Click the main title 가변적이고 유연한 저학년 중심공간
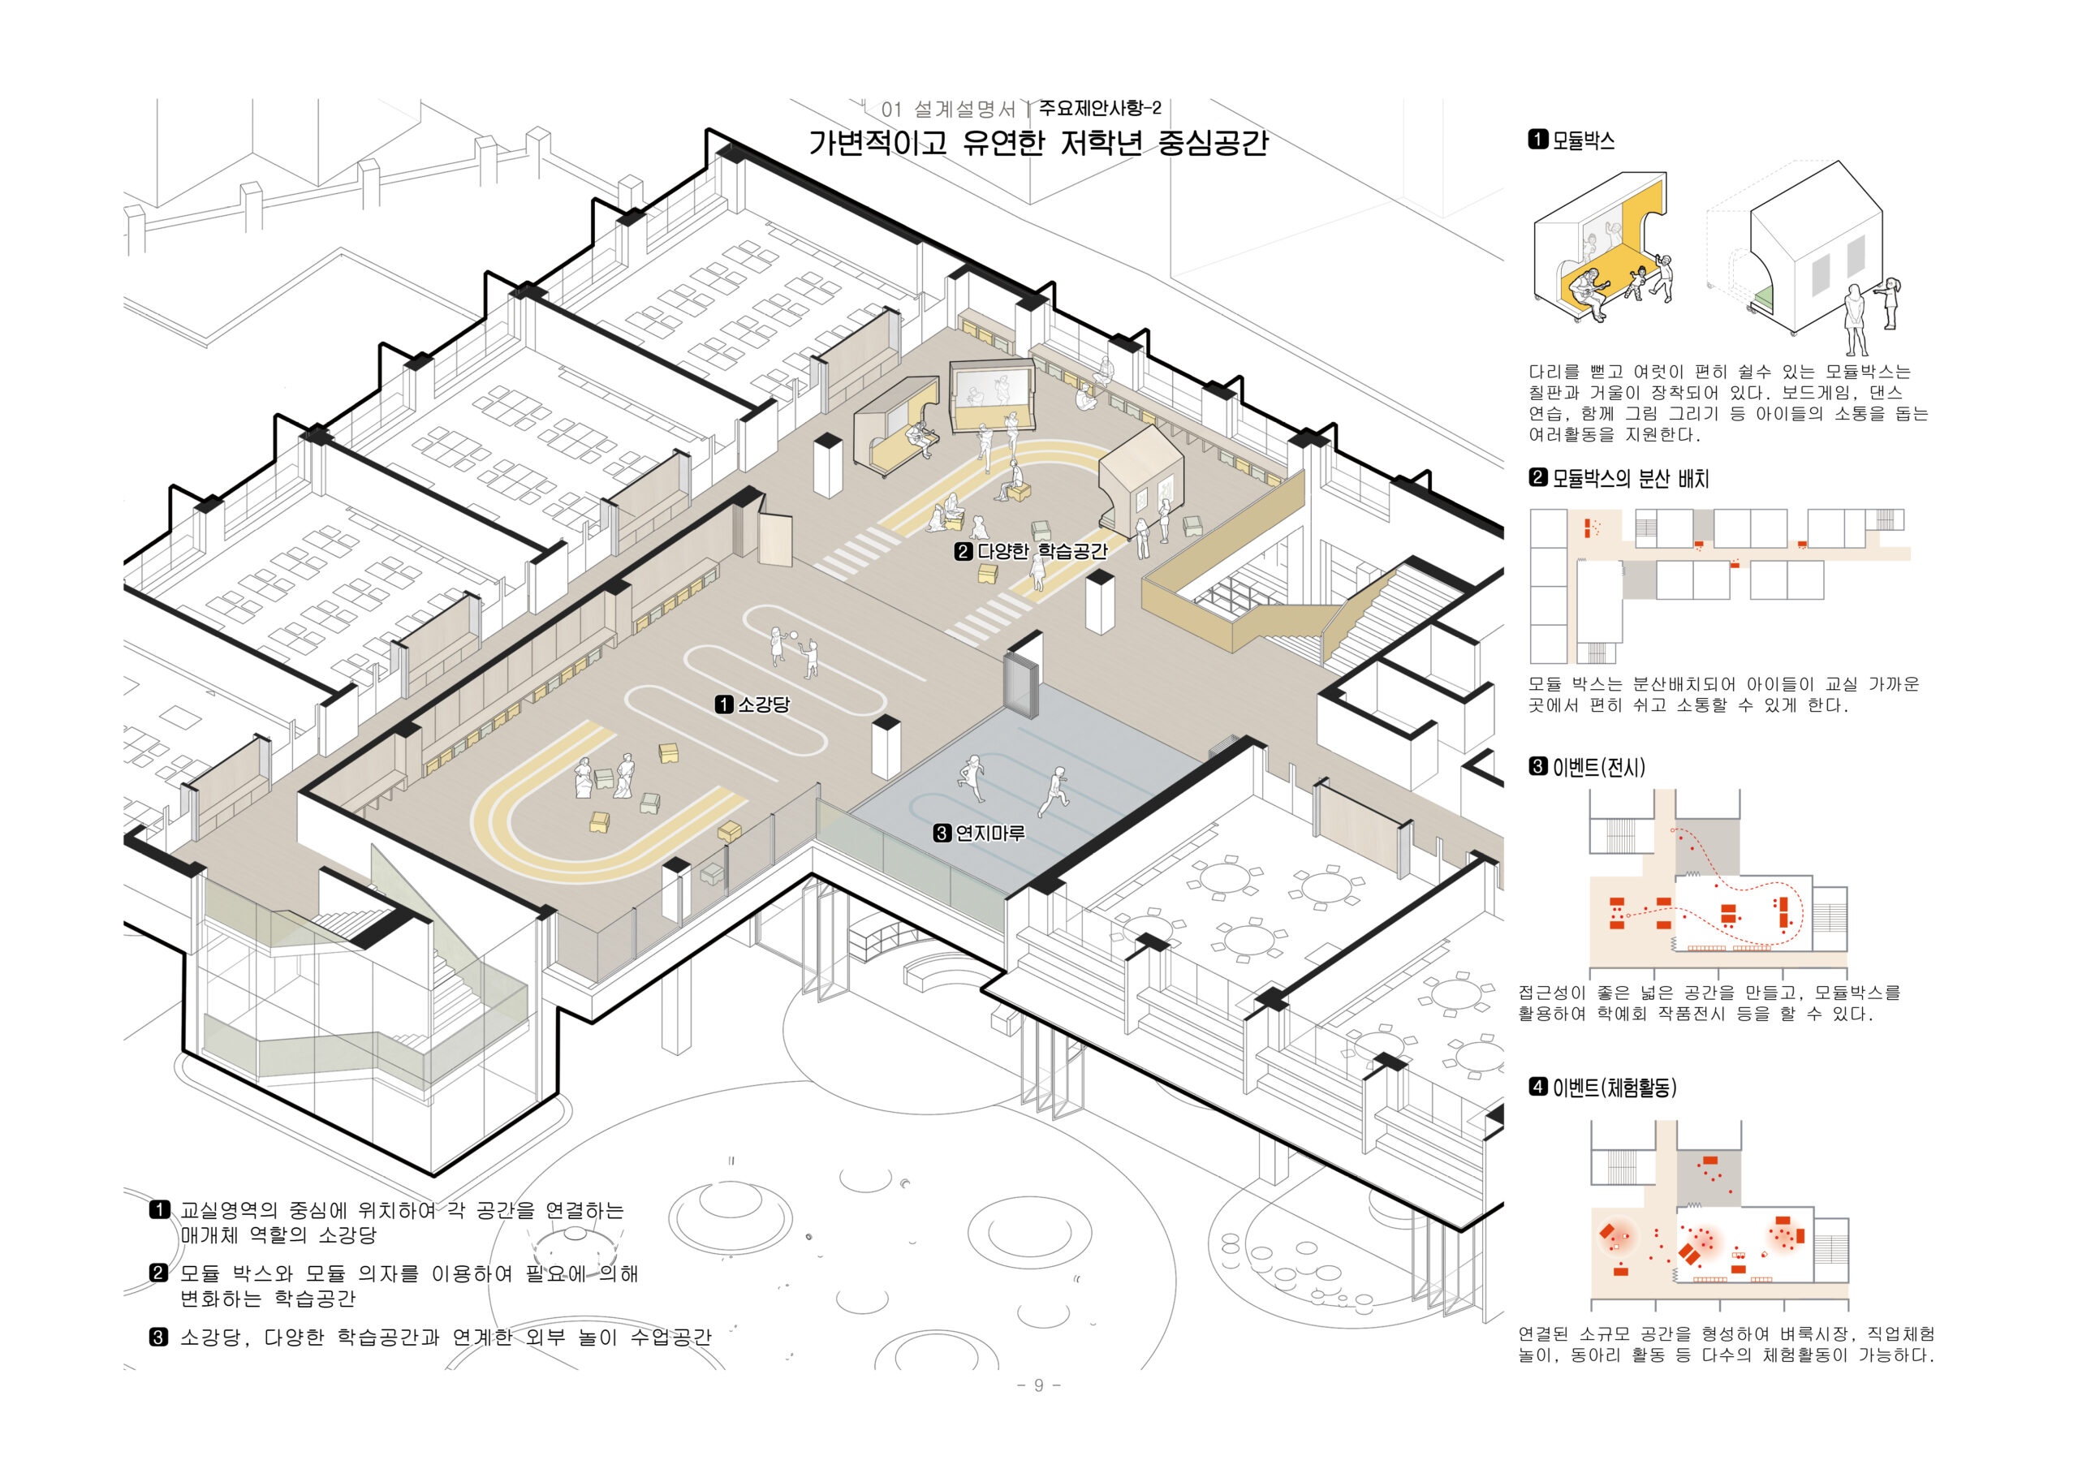pos(1038,143)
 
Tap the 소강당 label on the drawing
pos(763,704)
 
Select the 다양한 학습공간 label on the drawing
pos(1041,550)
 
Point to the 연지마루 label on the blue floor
pos(990,833)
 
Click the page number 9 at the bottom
pos(1038,1385)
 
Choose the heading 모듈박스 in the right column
pos(1583,140)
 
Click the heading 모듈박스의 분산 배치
pos(1630,478)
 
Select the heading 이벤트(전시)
pos(1598,768)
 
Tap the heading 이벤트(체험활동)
pos(1614,1087)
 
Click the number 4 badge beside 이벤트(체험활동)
pos(1537,1086)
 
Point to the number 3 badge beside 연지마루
pos(942,833)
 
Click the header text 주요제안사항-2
pos(1100,109)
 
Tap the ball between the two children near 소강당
pos(794,635)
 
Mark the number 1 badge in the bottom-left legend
pos(159,1210)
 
